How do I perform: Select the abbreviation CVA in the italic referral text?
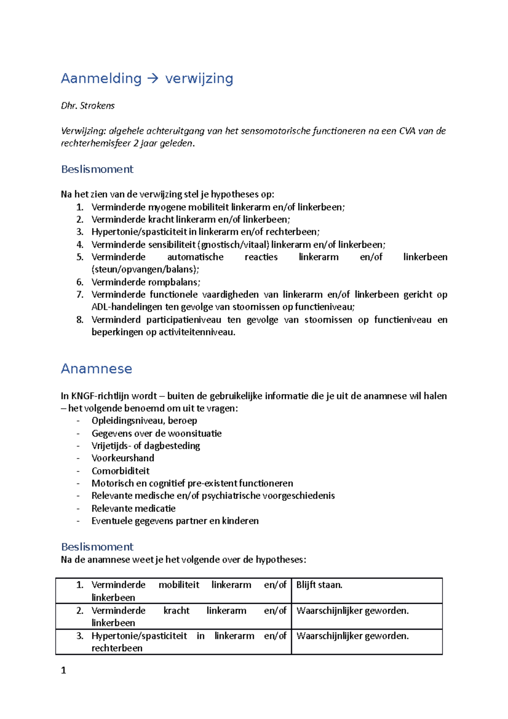click(x=407, y=131)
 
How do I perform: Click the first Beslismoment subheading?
click(x=97, y=169)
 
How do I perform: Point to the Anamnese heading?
click(x=97, y=369)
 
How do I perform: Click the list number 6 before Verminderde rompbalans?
click(x=80, y=282)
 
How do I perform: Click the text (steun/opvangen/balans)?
click(x=145, y=269)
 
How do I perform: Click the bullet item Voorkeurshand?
click(x=123, y=458)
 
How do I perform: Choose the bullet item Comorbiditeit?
click(x=121, y=471)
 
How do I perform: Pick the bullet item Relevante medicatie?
click(x=133, y=508)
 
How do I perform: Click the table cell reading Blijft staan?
click(x=319, y=585)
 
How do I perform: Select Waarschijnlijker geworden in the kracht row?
click(x=352, y=611)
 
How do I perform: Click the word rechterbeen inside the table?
click(x=117, y=648)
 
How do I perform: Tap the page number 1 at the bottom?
click(x=63, y=670)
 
